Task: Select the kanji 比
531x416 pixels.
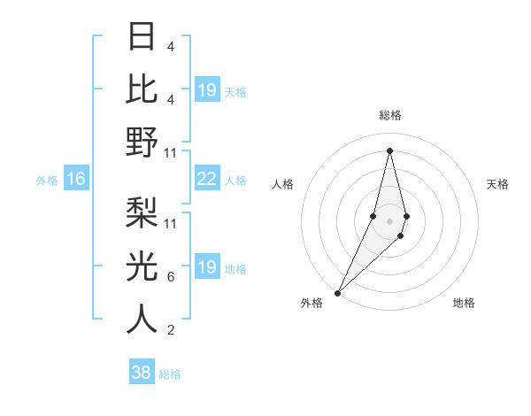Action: coord(142,89)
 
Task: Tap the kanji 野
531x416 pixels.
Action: coord(142,142)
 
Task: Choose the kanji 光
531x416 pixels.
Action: coord(142,266)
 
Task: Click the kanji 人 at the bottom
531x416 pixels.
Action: coord(142,320)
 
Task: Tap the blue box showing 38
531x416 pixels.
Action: coord(142,373)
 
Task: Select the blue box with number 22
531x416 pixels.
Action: coord(206,179)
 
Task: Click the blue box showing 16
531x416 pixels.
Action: coord(76,179)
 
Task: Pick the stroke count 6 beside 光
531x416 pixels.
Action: coord(170,277)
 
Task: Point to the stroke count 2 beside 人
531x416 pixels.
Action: coord(170,330)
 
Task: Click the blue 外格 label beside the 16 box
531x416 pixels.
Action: coord(47,180)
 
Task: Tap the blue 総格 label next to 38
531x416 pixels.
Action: coord(170,374)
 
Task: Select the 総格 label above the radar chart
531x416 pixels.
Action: coord(389,115)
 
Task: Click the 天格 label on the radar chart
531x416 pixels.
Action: coord(498,184)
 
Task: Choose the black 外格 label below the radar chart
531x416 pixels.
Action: coord(312,304)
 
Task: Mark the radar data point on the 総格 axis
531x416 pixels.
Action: coord(389,150)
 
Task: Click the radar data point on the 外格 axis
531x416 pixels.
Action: coord(338,292)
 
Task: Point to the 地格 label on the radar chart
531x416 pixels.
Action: coord(464,304)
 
